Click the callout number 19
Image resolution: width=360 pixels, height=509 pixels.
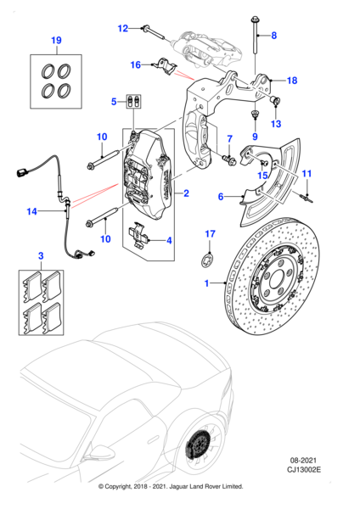[56, 40]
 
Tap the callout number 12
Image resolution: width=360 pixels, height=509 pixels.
[123, 29]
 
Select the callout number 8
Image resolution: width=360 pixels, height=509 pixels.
[274, 35]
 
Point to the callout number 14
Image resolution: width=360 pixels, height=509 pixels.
[32, 211]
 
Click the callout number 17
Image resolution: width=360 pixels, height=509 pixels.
[211, 234]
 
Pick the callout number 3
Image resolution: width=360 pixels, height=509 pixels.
[41, 256]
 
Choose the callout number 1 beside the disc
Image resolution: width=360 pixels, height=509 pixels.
[206, 283]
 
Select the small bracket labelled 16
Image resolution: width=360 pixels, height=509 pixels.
[166, 66]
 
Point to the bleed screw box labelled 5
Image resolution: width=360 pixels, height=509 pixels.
[133, 102]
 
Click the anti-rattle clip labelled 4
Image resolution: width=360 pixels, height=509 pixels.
[138, 235]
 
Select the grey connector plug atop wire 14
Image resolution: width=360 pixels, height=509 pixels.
[21, 171]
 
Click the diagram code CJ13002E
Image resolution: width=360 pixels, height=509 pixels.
[303, 469]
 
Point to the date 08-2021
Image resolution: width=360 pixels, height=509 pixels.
[303, 461]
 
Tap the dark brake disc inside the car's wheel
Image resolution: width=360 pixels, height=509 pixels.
[199, 443]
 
